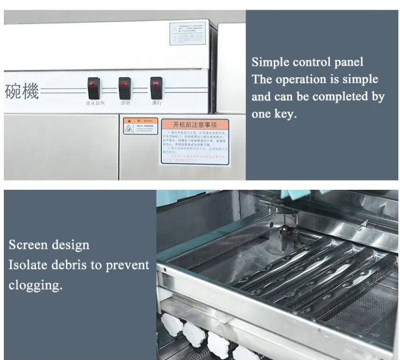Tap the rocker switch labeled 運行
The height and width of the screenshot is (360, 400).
156,85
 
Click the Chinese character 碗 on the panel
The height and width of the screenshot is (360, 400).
13,91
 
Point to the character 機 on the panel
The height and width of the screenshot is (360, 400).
30,91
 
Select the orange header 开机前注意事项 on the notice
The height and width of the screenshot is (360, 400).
194,125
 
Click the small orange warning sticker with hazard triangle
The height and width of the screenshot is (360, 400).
133,126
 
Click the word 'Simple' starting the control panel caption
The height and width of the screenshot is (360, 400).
270,62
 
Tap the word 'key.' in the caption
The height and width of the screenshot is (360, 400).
286,115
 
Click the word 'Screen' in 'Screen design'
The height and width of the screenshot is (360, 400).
28,245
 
